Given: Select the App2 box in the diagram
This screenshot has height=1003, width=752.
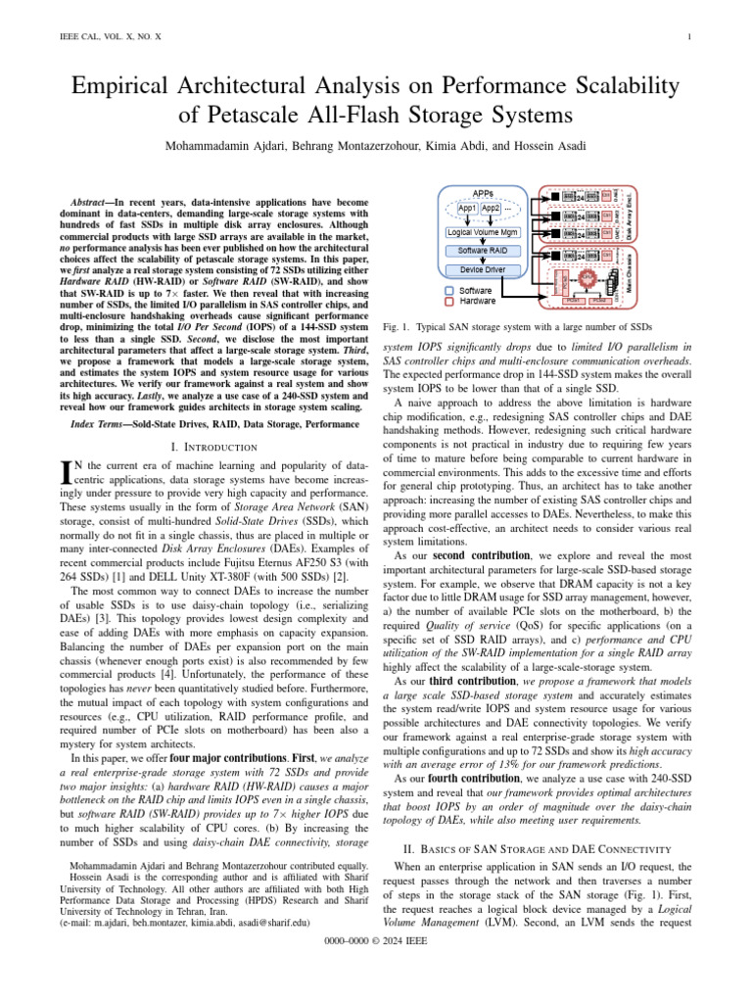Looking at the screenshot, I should pyautogui.click(x=491, y=209).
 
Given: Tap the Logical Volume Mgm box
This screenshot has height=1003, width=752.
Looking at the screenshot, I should pyautogui.click(x=483, y=231).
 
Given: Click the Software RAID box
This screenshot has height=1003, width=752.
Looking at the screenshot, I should pyautogui.click(x=483, y=251).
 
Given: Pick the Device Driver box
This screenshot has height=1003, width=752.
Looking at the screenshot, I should pyautogui.click(x=483, y=268).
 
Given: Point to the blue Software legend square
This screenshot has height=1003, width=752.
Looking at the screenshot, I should pyautogui.click(x=448, y=291).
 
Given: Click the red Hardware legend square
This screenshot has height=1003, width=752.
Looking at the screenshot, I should pyautogui.click(x=448, y=302).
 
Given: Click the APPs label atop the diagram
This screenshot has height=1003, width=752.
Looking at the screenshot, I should pyautogui.click(x=483, y=193).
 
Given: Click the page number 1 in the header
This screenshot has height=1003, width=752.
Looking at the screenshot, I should pyautogui.click(x=690, y=37).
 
